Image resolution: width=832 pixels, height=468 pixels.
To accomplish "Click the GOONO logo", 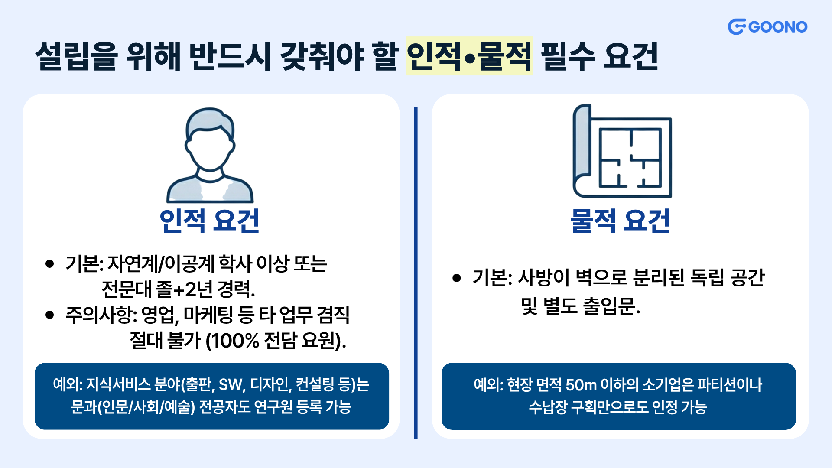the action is pos(767,27).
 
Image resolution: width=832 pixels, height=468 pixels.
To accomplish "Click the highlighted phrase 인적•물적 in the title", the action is pos(469,56).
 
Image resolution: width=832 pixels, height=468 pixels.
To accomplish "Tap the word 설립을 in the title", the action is pos(76,56).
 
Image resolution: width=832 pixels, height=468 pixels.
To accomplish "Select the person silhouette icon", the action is pos(210,155).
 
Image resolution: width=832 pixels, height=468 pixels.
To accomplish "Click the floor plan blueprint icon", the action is pos(622,151).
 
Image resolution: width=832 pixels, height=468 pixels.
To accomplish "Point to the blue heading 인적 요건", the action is pos(210,221).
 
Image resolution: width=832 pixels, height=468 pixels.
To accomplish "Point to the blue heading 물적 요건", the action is pos(621,221).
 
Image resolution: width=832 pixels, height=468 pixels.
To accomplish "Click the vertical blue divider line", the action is pos(416,273).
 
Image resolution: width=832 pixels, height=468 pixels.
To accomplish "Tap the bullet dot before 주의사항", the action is pos(49,315).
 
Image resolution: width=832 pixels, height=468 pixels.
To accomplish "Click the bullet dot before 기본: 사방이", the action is pos(456,278).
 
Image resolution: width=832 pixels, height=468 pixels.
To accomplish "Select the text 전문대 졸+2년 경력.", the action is pos(178,289).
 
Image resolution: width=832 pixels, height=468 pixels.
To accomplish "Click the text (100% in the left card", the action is pos(232,341).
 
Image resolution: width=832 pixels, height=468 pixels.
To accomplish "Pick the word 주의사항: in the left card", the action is pos(101,315).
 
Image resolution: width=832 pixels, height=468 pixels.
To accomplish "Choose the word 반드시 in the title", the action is pos(231,56).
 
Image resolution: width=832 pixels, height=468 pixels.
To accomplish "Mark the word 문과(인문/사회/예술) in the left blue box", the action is pos(133,407).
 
